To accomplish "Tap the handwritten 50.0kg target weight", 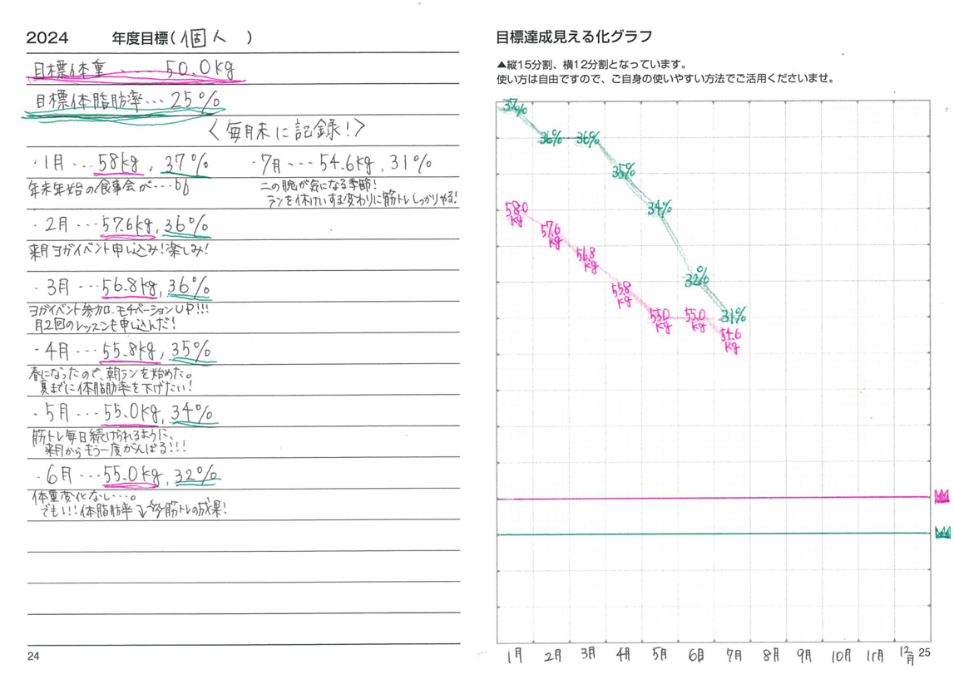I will click(x=200, y=71).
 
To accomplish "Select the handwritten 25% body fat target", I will click(x=196, y=101).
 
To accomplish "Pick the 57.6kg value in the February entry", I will click(x=125, y=225).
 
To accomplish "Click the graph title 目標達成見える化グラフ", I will click(x=574, y=37).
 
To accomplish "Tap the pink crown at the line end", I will click(x=942, y=496).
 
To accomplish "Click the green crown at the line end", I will click(x=942, y=533).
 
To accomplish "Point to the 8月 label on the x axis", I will click(x=772, y=655).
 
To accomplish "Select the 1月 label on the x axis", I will click(x=515, y=656).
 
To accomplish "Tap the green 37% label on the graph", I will click(x=515, y=106).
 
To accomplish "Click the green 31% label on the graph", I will click(x=733, y=316).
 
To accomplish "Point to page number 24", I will click(x=32, y=657).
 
